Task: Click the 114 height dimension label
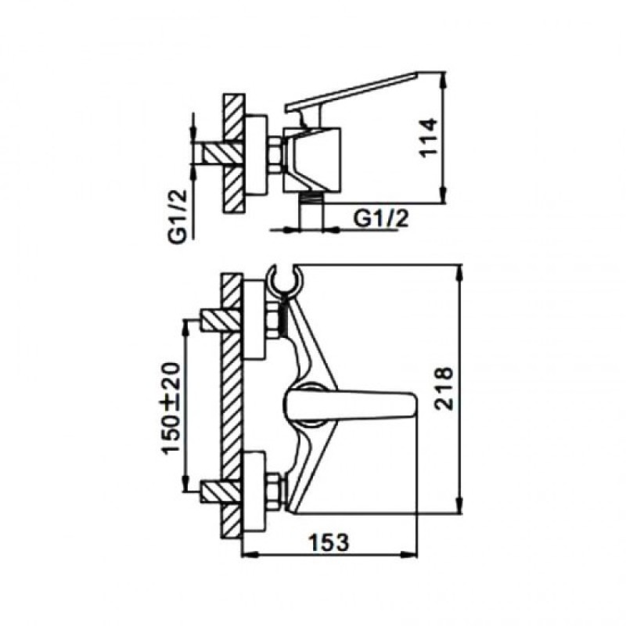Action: click(427, 138)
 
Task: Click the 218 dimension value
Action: click(444, 388)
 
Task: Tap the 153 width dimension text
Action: click(329, 541)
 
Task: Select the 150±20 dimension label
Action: click(171, 408)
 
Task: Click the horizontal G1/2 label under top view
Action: click(382, 218)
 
